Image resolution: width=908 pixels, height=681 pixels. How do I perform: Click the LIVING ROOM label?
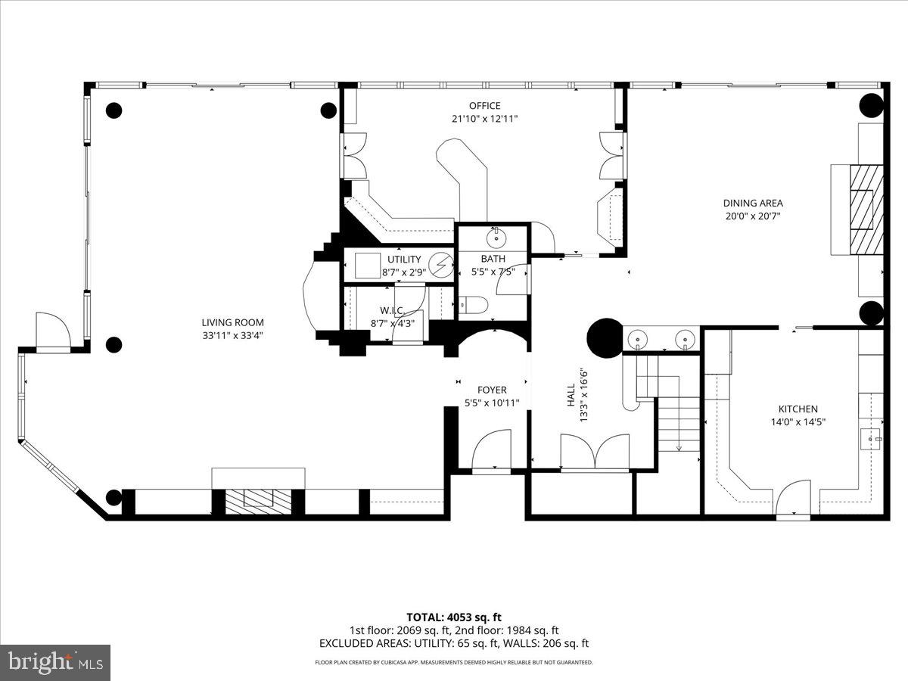click(232, 322)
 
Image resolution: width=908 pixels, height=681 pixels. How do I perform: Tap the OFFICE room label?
click(484, 106)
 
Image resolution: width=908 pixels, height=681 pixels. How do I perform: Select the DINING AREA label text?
click(752, 203)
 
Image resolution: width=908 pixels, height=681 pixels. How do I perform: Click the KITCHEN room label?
click(793, 409)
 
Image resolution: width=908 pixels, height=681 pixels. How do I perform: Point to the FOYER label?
click(492, 390)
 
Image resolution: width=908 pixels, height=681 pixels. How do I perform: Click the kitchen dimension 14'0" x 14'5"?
click(793, 421)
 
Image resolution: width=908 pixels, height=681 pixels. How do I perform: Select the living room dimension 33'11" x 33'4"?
click(232, 335)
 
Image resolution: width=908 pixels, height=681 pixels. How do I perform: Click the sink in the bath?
click(496, 239)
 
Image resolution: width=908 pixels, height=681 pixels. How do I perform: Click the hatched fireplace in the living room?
click(258, 499)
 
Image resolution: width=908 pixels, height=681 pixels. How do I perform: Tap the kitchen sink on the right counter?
click(873, 437)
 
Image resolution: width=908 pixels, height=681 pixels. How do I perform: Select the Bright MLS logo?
click(55, 663)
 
